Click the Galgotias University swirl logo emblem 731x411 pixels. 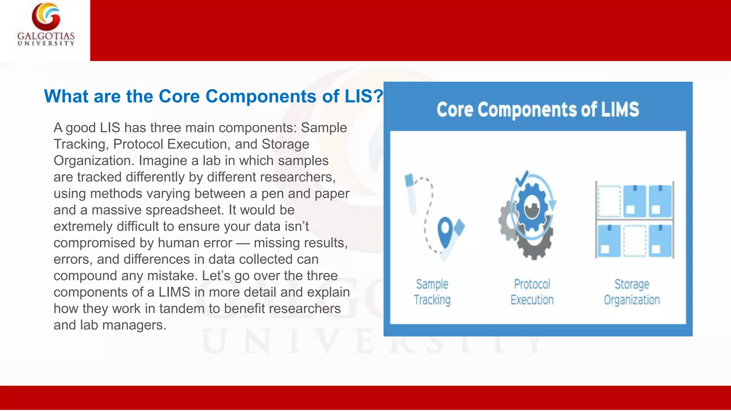[x=46, y=16]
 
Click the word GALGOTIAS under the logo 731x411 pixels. [x=46, y=36]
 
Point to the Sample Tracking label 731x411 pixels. [x=432, y=292]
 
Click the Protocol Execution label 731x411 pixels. [x=532, y=292]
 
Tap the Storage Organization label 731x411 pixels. [x=632, y=292]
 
